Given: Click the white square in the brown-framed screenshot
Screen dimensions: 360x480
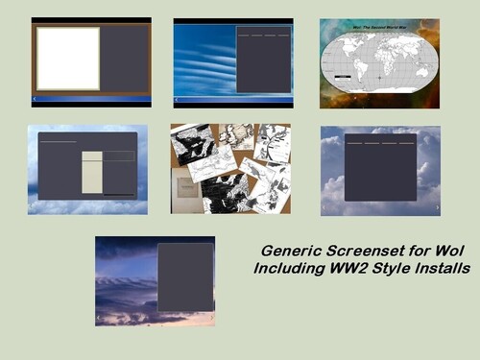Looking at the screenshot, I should (x=67, y=59).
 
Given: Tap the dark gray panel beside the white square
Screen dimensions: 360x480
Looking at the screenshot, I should (x=124, y=59).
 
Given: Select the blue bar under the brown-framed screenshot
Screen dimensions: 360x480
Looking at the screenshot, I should (x=91, y=97).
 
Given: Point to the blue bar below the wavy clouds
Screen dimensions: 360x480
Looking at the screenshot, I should (x=233, y=98).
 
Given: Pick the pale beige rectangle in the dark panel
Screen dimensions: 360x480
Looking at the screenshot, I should (x=92, y=172).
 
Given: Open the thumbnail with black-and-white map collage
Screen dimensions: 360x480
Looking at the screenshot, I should (x=230, y=168).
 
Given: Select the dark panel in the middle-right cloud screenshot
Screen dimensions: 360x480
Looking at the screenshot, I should (x=380, y=168).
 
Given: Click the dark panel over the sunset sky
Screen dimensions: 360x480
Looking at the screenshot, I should (x=185, y=276).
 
